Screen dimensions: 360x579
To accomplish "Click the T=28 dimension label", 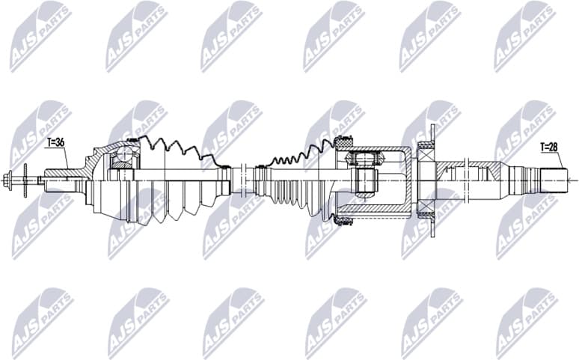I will [x=550, y=147].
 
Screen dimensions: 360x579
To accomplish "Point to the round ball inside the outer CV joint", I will [x=123, y=158].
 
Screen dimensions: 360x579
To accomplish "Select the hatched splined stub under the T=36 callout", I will [x=64, y=177].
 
